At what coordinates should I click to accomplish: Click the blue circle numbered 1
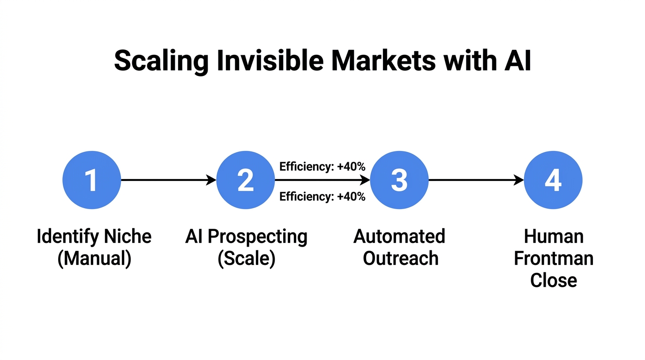tap(92, 180)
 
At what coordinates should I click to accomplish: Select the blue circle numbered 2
tap(246, 180)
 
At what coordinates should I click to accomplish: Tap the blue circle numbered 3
tap(399, 180)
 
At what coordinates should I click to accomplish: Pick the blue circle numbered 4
tap(553, 180)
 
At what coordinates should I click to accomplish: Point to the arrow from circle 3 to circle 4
tap(476, 180)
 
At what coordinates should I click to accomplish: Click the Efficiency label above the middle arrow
tap(322, 166)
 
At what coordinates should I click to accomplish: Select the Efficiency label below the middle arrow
tap(322, 196)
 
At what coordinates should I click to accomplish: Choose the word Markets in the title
tap(383, 61)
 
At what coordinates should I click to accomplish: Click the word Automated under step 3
tap(399, 236)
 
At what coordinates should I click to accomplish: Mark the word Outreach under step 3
tap(400, 258)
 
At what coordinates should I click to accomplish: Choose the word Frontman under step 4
tap(554, 258)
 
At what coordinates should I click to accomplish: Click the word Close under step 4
tap(554, 280)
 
